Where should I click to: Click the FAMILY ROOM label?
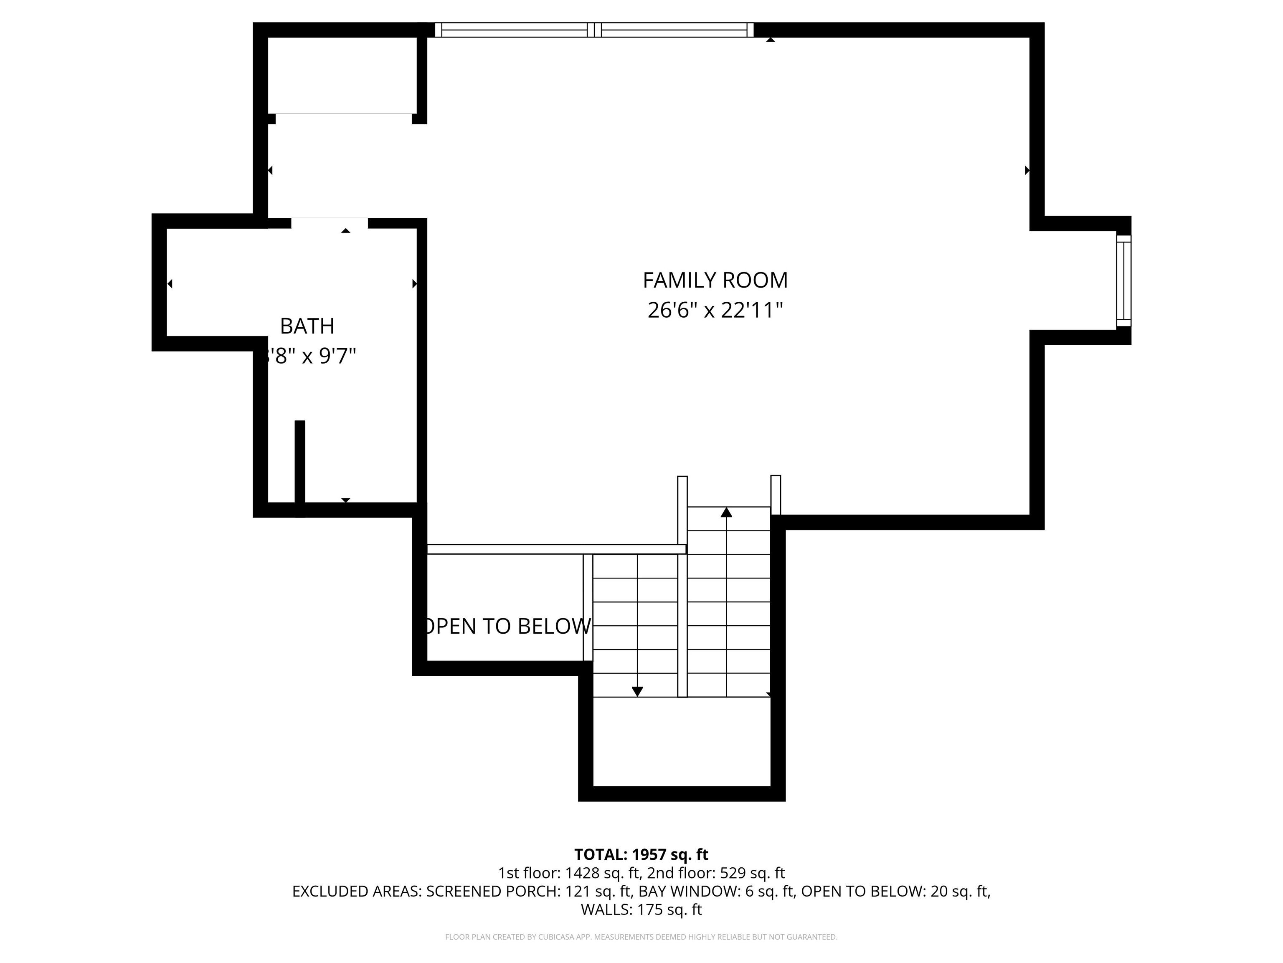tap(715, 280)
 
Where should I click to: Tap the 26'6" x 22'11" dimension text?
tap(715, 311)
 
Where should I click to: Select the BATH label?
tap(307, 326)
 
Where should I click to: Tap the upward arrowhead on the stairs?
tap(726, 512)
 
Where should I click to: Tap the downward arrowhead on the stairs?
tap(637, 691)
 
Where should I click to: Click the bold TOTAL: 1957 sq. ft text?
tap(641, 854)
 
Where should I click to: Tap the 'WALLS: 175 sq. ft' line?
tap(641, 909)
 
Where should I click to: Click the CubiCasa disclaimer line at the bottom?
tap(641, 937)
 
